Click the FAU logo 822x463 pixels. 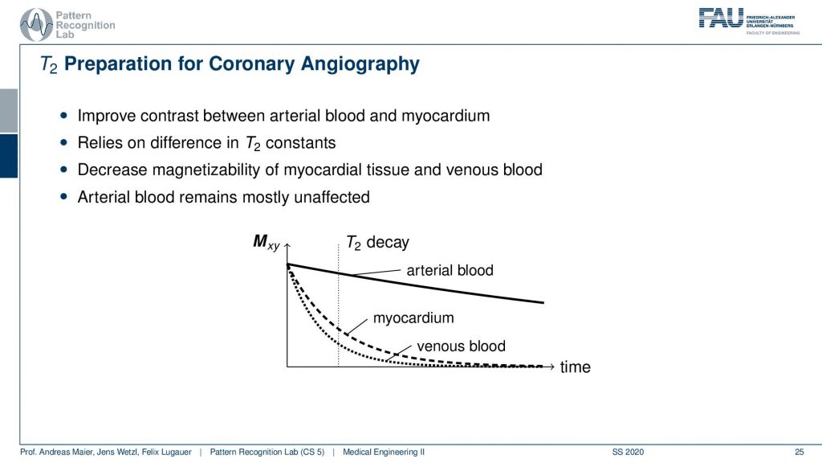(x=750, y=21)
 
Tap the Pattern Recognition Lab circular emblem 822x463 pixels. (x=36, y=25)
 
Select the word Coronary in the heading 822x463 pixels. (x=252, y=64)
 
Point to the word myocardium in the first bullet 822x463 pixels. (x=446, y=116)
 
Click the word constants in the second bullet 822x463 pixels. (x=300, y=143)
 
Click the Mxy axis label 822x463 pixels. (x=267, y=242)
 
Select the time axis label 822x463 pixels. (x=575, y=367)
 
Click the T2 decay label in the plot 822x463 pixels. (x=377, y=243)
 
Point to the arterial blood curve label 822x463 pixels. (x=450, y=270)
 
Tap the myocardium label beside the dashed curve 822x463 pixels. (x=413, y=318)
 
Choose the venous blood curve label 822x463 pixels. (x=462, y=346)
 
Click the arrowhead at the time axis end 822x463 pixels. (x=551, y=367)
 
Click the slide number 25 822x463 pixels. (x=799, y=452)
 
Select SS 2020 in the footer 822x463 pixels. (x=628, y=452)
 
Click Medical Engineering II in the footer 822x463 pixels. (x=384, y=452)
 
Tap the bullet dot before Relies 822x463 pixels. (x=64, y=142)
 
